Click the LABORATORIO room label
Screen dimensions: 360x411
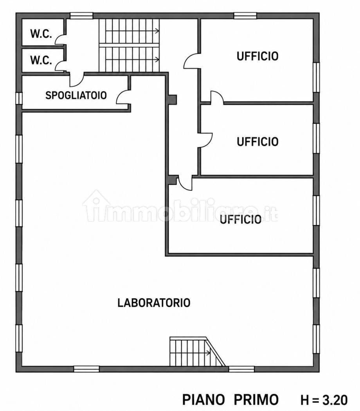(x=154, y=303)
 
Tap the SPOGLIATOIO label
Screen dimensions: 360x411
(x=76, y=95)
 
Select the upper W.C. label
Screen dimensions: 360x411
(x=41, y=34)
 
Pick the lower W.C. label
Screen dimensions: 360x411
(x=41, y=60)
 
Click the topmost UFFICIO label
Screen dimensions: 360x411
(x=257, y=56)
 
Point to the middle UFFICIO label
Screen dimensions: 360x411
(x=257, y=142)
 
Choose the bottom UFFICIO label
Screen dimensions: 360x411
(x=241, y=219)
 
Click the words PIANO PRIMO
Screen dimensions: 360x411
(x=230, y=400)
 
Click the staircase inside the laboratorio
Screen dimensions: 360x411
(x=197, y=352)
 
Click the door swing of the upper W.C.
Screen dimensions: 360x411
(x=60, y=39)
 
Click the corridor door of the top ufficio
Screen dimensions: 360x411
(x=192, y=61)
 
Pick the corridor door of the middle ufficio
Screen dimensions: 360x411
(x=205, y=140)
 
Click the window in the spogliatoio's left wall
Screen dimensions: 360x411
(x=19, y=98)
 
